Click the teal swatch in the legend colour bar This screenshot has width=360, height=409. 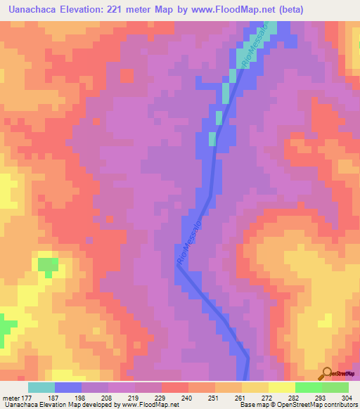pos(41,387)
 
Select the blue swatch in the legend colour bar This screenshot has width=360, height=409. pos(68,387)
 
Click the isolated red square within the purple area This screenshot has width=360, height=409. pos(127,74)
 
